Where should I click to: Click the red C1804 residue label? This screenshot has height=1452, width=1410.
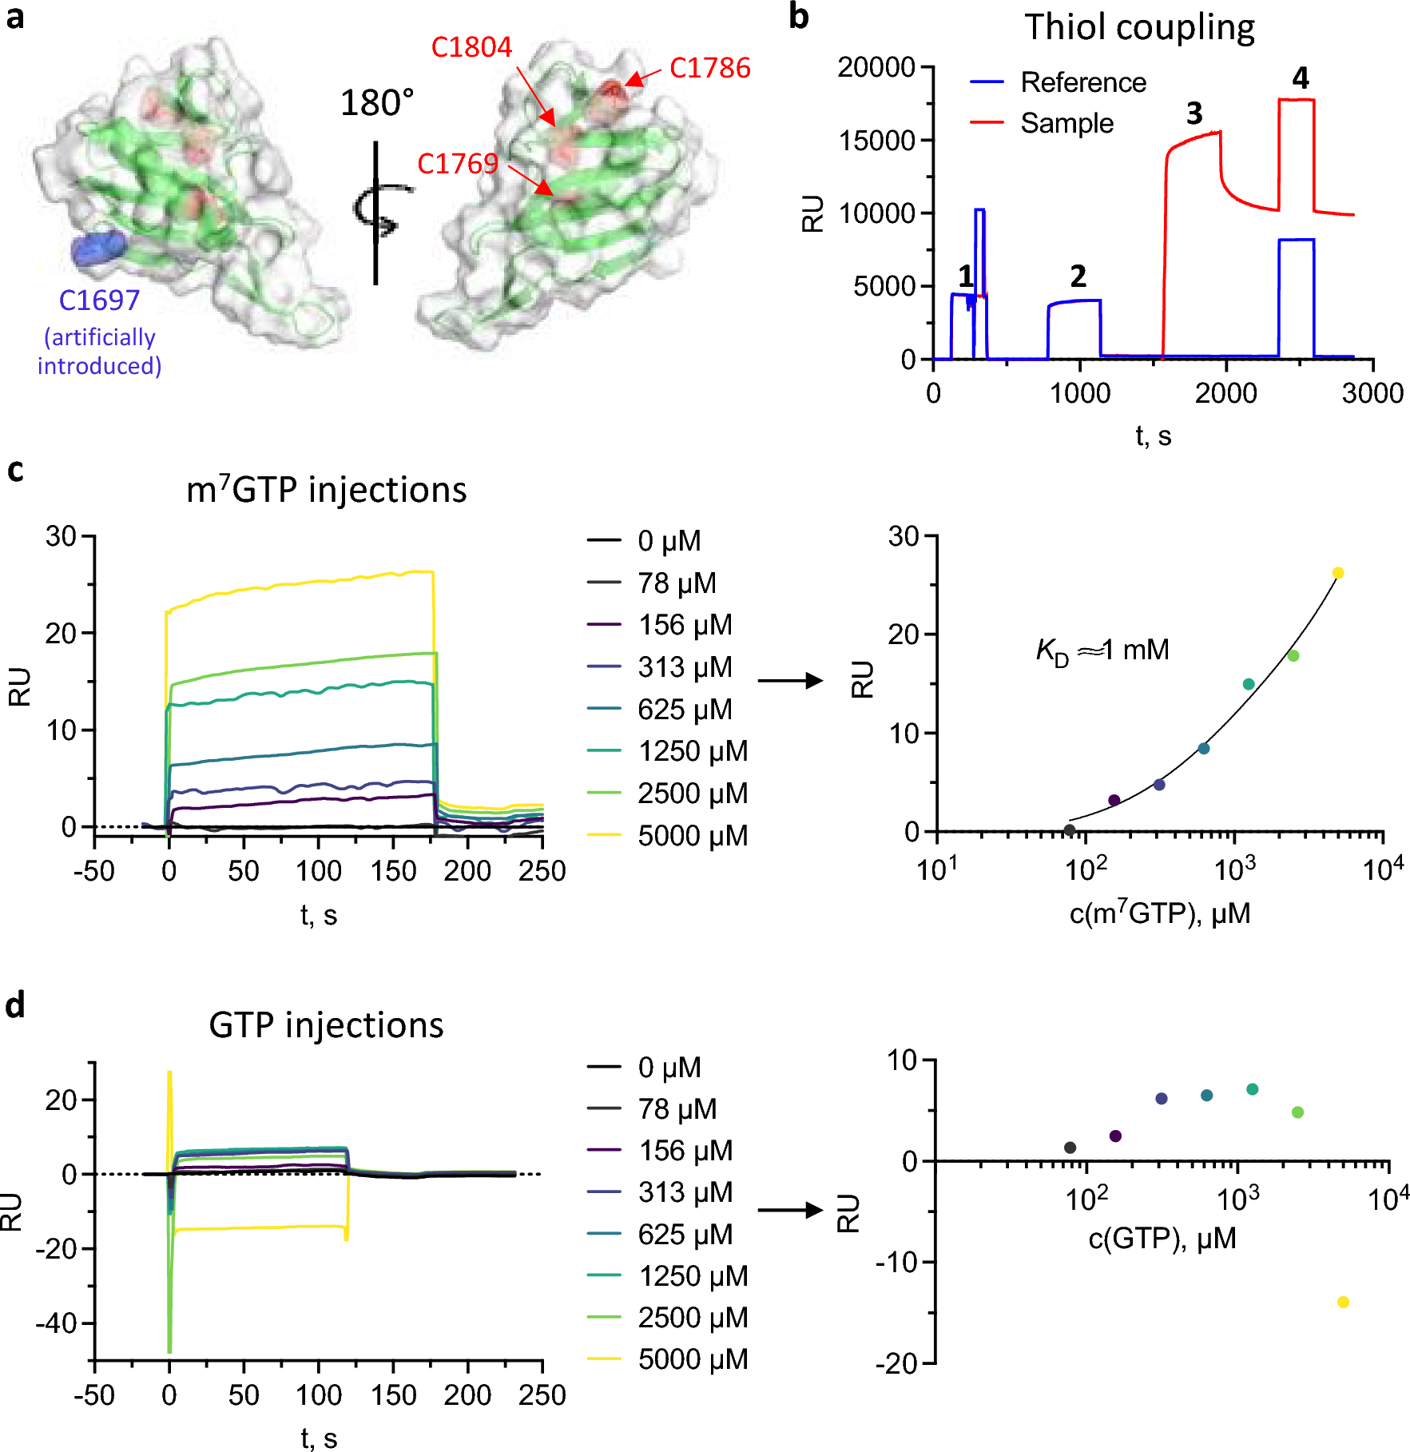point(471,48)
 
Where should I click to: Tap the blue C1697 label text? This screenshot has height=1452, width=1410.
point(99,300)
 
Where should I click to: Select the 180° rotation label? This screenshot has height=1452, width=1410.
point(376,103)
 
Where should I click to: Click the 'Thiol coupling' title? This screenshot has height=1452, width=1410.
point(1139,28)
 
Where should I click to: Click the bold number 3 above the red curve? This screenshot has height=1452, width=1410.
point(1194,113)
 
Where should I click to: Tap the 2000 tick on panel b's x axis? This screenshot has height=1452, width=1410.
point(1225,393)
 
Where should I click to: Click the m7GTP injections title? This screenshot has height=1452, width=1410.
point(326,489)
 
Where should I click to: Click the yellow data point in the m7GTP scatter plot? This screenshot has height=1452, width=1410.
point(1338,573)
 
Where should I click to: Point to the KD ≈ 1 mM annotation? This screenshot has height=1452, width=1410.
point(1102,650)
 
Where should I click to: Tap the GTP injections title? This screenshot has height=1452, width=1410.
point(326,1025)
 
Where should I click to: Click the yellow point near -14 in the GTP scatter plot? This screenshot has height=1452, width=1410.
point(1343,1302)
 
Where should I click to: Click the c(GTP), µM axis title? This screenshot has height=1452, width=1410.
point(1162,1239)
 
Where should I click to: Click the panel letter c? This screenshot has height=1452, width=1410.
point(14,470)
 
